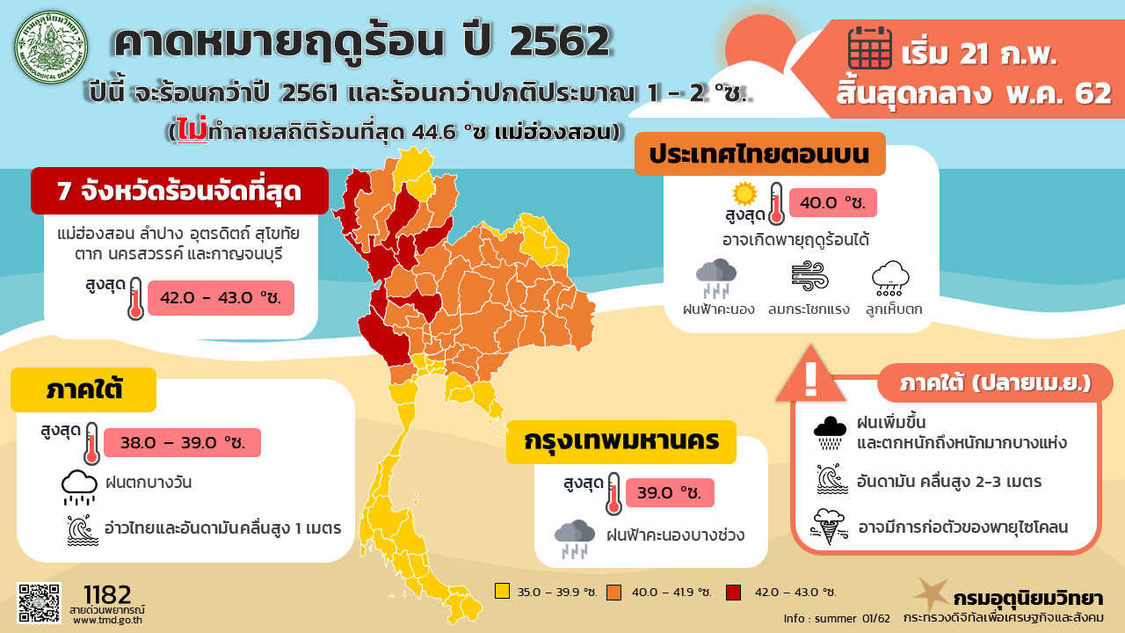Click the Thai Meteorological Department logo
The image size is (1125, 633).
(x=54, y=47)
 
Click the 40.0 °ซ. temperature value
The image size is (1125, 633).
(x=832, y=203)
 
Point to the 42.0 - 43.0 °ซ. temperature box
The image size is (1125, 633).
(x=220, y=298)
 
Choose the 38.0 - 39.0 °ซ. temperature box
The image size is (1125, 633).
(x=182, y=443)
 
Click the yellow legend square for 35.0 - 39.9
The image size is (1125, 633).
(x=502, y=591)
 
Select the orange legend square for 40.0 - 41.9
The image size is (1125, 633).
(x=613, y=591)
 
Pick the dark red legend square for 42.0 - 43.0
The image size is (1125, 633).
(x=732, y=591)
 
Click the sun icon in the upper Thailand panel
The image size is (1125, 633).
(x=744, y=193)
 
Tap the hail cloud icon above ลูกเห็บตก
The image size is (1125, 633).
(x=890, y=278)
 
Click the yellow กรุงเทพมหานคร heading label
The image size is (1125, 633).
(x=621, y=440)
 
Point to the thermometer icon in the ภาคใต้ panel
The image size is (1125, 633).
(x=91, y=445)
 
